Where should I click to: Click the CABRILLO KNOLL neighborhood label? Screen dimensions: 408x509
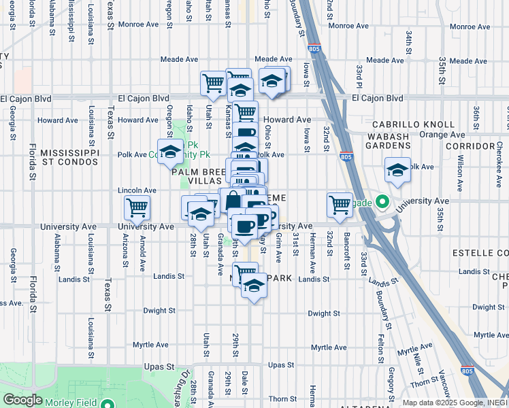click(x=412, y=125)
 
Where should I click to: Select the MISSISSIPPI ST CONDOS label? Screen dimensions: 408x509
click(x=70, y=157)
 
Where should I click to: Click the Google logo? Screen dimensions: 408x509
click(x=23, y=400)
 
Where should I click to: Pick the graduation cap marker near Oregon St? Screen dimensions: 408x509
click(x=169, y=151)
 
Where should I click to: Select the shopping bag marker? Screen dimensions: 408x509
click(x=232, y=200)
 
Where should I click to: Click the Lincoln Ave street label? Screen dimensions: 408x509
click(x=133, y=190)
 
